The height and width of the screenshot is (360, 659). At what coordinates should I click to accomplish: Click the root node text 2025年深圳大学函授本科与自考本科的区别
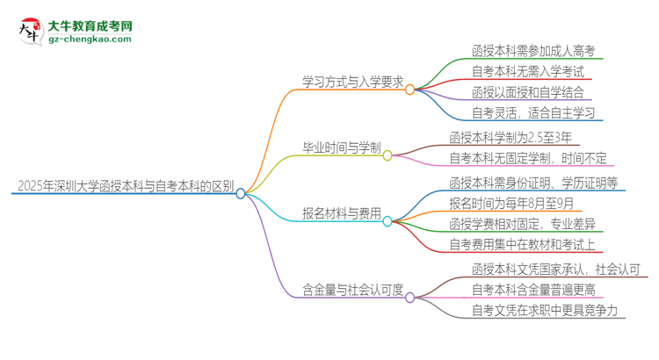[125, 185]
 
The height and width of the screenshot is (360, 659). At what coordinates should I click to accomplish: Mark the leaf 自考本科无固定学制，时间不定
[527, 158]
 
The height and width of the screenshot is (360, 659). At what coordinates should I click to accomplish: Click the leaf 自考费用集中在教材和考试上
[527, 245]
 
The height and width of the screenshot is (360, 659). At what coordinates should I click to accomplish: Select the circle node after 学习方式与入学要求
[409, 90]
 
